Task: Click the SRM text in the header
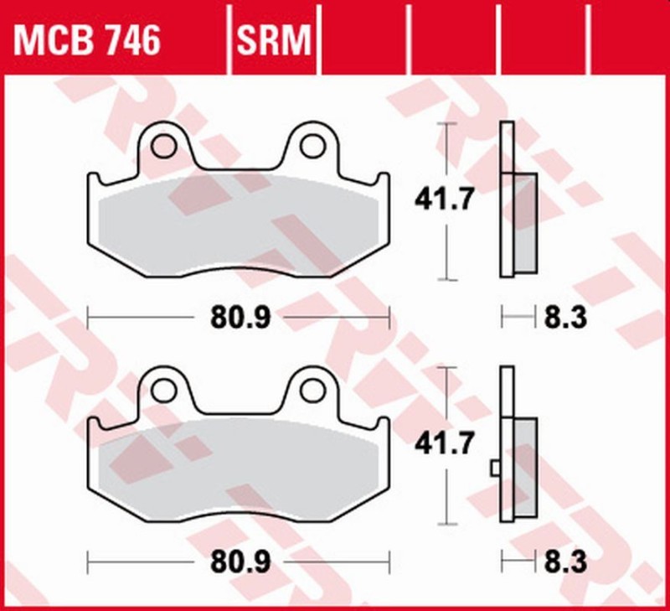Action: (x=274, y=40)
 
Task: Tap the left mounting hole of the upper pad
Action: (x=165, y=147)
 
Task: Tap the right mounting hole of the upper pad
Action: (x=312, y=147)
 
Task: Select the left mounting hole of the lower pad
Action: (x=165, y=389)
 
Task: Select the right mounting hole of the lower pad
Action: (x=312, y=389)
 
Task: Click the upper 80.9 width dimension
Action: (x=238, y=318)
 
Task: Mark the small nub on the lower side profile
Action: (x=496, y=467)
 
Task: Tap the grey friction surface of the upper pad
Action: (x=239, y=226)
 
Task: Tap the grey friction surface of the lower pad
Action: (x=239, y=469)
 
